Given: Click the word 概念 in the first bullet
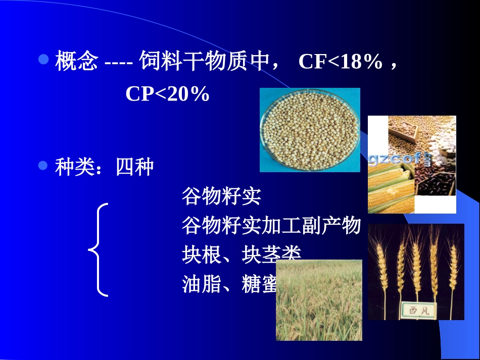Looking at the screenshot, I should click(76, 62).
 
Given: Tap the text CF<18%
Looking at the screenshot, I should click(340, 62).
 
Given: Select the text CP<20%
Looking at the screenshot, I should click(167, 94).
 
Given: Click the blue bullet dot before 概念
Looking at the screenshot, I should click(43, 60).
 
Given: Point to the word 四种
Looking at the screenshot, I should click(134, 167).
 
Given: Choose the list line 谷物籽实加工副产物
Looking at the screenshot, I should click(271, 226).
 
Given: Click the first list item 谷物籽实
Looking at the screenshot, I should click(221, 197).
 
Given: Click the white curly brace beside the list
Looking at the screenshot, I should click(99, 249).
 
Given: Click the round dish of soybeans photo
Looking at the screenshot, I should click(309, 130).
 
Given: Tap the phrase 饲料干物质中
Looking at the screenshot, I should click(207, 62).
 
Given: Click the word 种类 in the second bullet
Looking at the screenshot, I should click(76, 167).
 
